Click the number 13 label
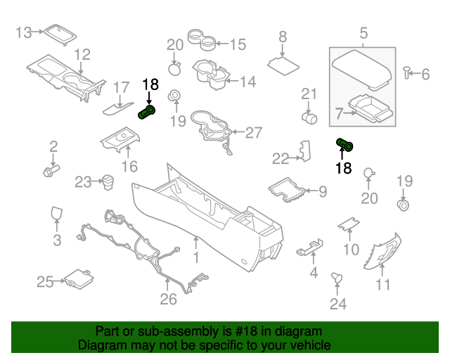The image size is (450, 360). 24,32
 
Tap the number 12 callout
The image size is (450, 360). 82,54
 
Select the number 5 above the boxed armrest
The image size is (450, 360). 363,33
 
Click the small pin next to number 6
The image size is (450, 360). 407,72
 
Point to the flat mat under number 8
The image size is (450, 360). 284,63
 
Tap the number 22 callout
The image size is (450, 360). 281,159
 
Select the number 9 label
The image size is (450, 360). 323,191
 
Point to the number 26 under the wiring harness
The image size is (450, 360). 168,300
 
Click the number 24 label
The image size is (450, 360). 338,303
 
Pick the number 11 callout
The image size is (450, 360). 383,285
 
